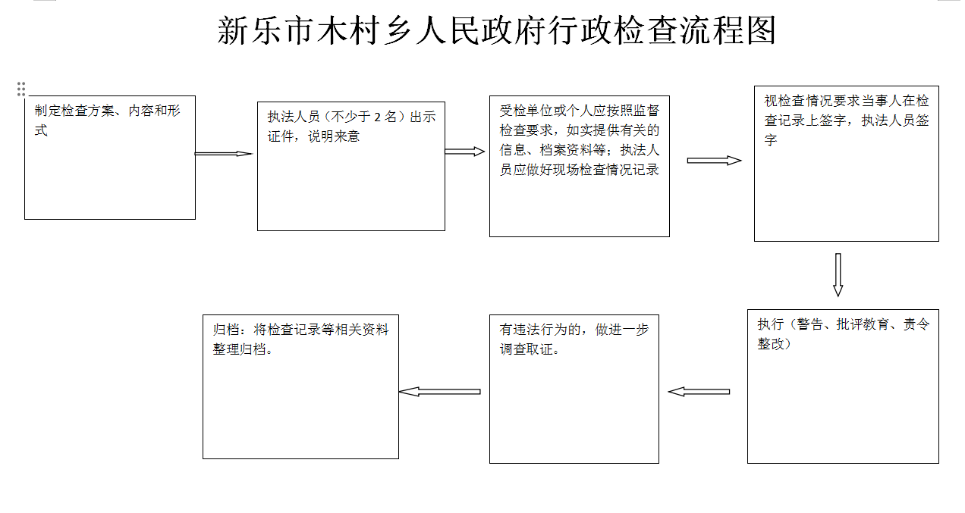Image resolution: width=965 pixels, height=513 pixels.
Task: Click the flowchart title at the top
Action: [496, 30]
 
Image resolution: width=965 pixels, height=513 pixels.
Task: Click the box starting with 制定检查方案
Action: [110, 158]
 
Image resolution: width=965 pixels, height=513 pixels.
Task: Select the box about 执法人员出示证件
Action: [351, 166]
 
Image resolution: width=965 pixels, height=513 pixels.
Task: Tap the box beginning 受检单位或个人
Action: [580, 166]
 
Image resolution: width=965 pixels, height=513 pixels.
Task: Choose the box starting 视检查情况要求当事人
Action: [847, 164]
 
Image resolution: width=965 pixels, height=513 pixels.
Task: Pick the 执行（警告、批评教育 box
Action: [843, 386]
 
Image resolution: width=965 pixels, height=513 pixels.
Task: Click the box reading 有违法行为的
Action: [574, 389]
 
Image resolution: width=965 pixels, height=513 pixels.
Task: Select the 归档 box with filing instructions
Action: [300, 387]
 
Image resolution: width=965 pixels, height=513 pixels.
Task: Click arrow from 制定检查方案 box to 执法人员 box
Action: [224, 154]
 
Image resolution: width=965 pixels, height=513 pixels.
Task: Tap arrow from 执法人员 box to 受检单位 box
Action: [465, 152]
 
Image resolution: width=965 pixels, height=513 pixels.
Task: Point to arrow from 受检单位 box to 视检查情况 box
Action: [715, 161]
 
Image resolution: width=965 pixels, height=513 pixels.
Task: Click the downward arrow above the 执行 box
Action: [838, 274]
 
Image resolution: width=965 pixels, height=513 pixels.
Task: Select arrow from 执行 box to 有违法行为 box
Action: [699, 392]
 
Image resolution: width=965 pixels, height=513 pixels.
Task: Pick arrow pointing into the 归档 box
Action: [440, 392]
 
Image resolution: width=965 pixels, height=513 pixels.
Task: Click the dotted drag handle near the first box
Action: [21, 89]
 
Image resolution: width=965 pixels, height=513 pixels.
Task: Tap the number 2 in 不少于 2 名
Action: [377, 117]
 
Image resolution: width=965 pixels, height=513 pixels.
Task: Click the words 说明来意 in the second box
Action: [334, 136]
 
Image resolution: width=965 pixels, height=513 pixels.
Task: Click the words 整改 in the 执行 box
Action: [771, 344]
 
